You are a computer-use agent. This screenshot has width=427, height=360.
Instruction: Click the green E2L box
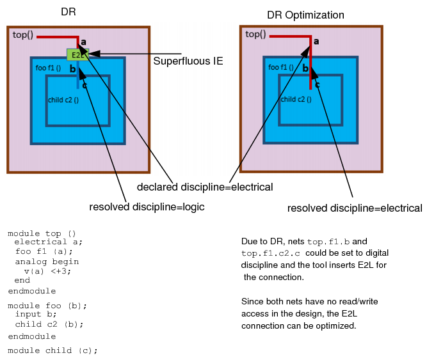pos(75,55)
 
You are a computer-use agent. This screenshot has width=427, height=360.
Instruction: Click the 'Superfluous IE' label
pos(188,61)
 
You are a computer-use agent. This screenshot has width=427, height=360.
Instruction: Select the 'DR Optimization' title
pos(305,15)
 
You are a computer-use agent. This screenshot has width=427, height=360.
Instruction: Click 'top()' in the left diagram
pos(23,35)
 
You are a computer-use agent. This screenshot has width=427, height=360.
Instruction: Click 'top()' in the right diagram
pos(255,35)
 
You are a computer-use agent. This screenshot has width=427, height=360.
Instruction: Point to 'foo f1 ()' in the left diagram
pos(48,67)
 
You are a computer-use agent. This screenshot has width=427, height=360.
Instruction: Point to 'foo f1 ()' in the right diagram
pos(281,67)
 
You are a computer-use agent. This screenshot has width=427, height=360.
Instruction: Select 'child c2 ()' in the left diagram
pos(63,100)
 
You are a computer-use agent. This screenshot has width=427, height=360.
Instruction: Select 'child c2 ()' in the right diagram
pos(296,100)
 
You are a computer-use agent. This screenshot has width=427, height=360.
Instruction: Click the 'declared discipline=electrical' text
pos(205,187)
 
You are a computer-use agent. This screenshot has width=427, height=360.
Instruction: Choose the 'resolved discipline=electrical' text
pos(355,208)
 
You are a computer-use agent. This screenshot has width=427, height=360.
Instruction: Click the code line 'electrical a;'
pos(49,242)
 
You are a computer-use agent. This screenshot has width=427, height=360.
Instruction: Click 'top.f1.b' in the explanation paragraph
pos(327,242)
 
